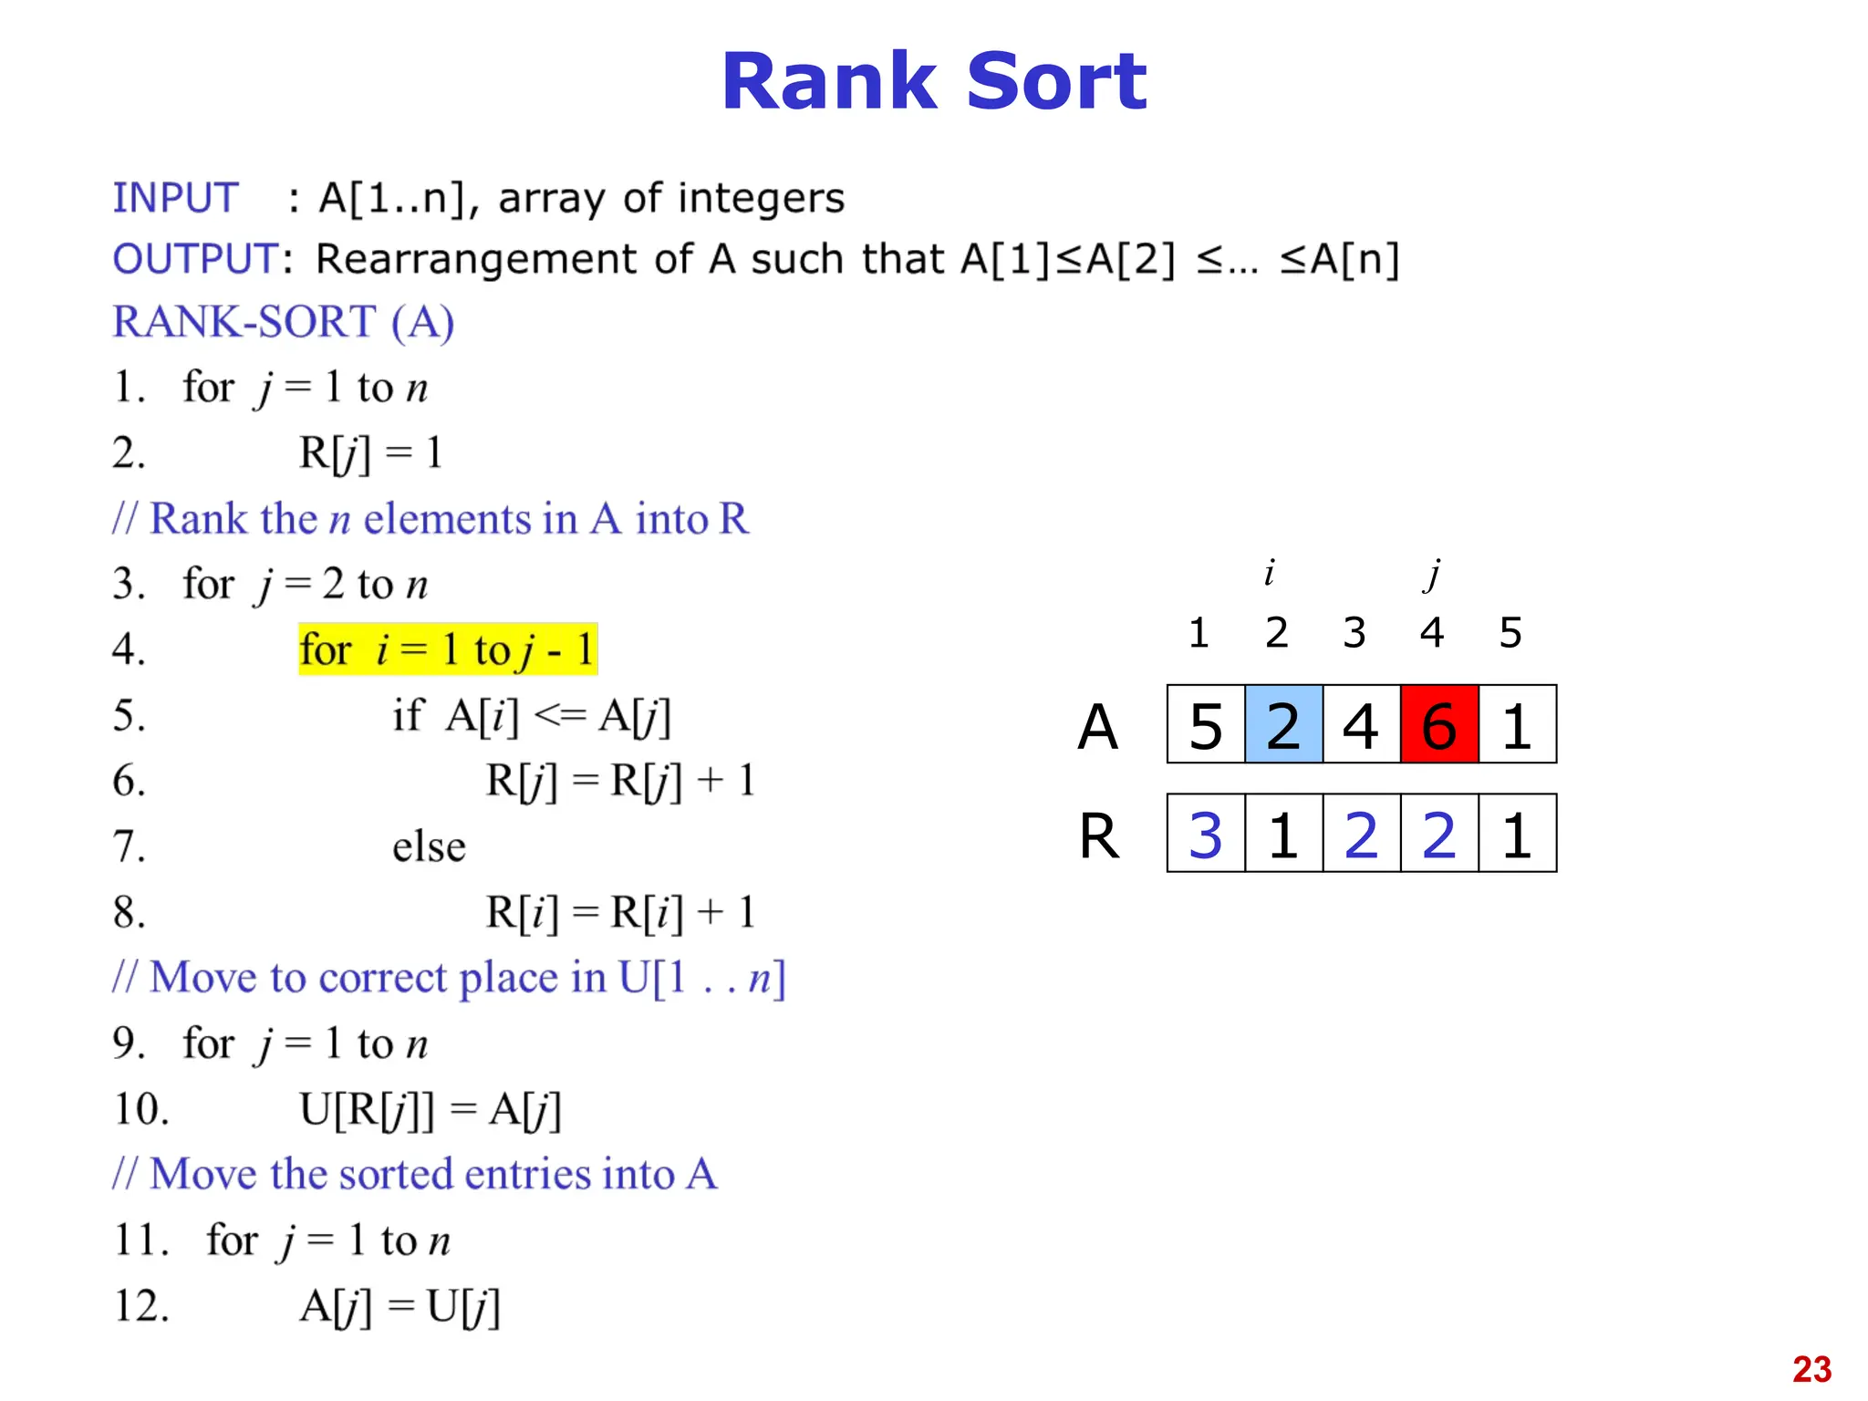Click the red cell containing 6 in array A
click(1438, 724)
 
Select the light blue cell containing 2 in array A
click(1283, 724)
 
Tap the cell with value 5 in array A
click(1206, 724)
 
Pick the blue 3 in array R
click(1206, 834)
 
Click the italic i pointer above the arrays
click(1269, 574)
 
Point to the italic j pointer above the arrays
click(1434, 574)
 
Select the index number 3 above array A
click(1354, 632)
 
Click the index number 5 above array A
click(1510, 632)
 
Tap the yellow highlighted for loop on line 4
click(448, 649)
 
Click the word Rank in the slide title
click(828, 82)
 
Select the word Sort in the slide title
click(1055, 82)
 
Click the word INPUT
click(175, 198)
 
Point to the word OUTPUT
click(195, 259)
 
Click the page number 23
click(1811, 1369)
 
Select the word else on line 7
click(429, 846)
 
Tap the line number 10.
click(141, 1109)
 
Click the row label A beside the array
click(1097, 727)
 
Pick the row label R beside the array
click(1098, 835)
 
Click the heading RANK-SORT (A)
click(283, 322)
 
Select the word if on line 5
click(408, 715)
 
